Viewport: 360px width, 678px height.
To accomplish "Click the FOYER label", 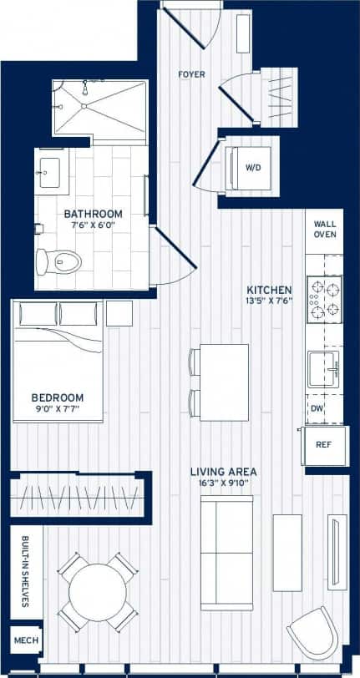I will (191, 74).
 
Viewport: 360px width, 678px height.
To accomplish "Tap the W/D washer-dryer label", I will (253, 167).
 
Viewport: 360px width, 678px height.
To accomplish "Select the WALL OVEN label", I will (324, 230).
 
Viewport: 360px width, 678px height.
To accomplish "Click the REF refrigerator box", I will (323, 445).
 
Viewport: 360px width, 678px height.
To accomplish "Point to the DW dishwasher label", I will (317, 408).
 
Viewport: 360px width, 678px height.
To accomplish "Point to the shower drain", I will (84, 104).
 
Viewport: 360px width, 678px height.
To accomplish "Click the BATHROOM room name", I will (94, 214).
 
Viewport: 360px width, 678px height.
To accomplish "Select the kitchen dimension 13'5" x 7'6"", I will (270, 301).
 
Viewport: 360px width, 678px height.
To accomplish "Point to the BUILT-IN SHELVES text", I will (25, 571).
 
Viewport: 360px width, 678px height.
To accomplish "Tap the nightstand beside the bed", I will (120, 314).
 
